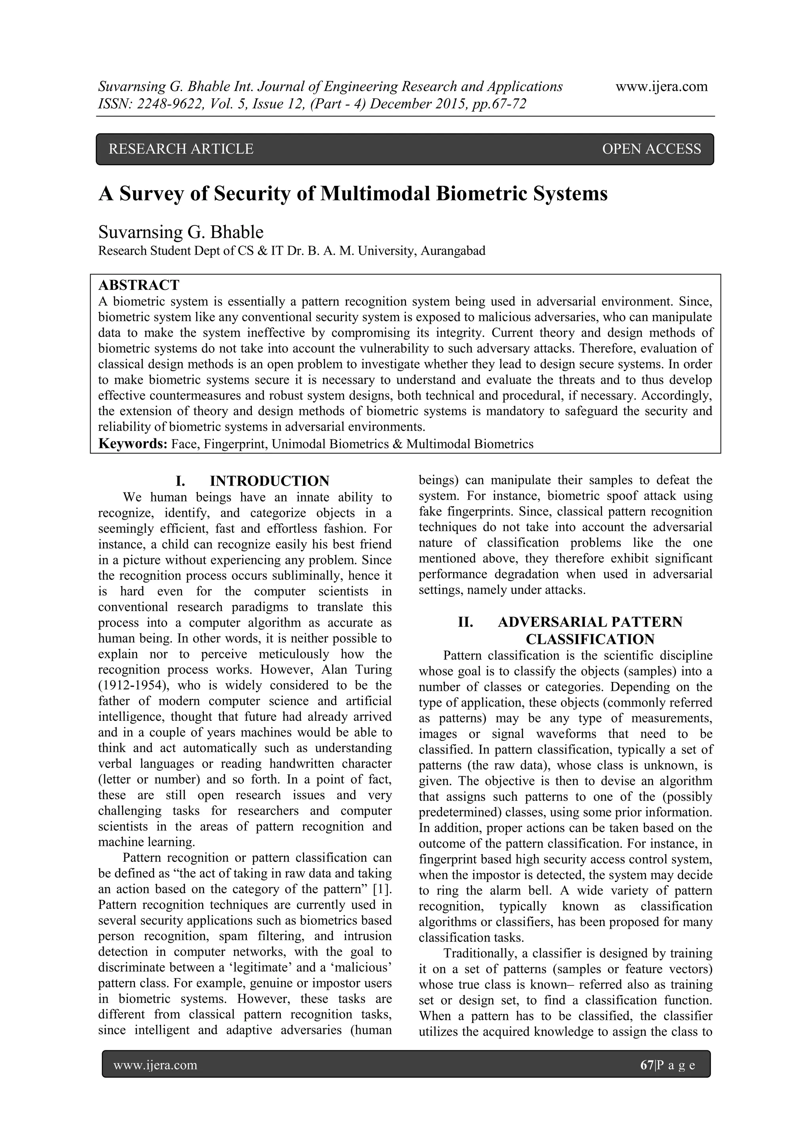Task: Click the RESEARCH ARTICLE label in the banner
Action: pyautogui.click(x=181, y=149)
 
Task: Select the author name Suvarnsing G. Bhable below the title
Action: pyautogui.click(x=181, y=232)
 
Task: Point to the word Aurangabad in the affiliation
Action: pyautogui.click(x=453, y=251)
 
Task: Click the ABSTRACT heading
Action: pyautogui.click(x=138, y=285)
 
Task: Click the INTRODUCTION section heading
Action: pyautogui.click(x=269, y=481)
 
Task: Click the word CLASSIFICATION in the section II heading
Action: pyautogui.click(x=590, y=639)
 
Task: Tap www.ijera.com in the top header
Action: pyautogui.click(x=661, y=86)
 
